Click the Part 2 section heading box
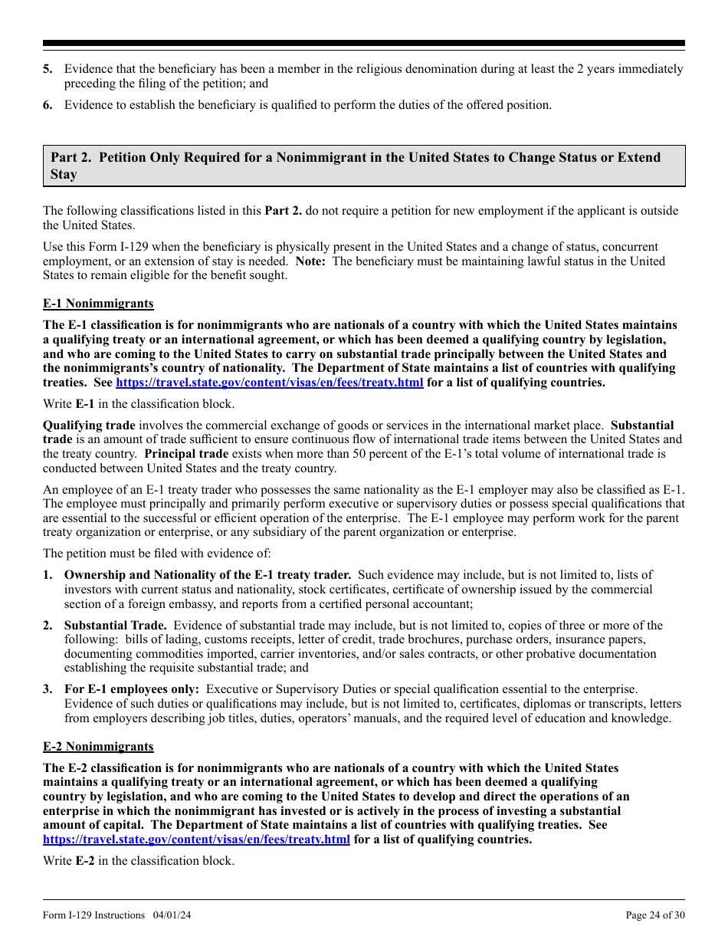click(x=363, y=166)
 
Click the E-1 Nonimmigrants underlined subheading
click(x=98, y=304)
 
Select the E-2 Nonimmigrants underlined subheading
click(x=98, y=746)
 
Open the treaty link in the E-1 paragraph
click(x=269, y=383)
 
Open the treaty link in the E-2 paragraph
click(x=197, y=839)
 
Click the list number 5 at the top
click(x=48, y=69)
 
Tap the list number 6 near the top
click(x=48, y=105)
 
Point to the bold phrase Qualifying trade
click(x=89, y=425)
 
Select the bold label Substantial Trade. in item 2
click(x=116, y=626)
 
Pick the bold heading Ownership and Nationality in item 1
click(x=207, y=574)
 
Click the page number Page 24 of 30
click(x=655, y=915)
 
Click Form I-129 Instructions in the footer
click(x=93, y=915)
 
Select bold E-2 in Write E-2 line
click(x=84, y=860)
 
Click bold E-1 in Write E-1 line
click(x=84, y=403)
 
